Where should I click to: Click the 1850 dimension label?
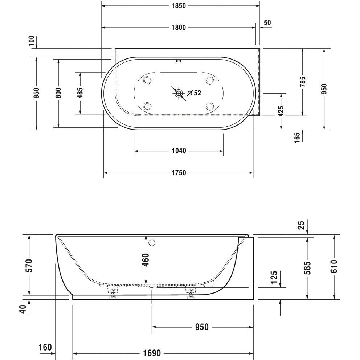click(x=179, y=6)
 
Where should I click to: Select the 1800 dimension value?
click(x=179, y=28)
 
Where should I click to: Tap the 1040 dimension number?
click(x=179, y=151)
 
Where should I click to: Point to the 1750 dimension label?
click(x=179, y=173)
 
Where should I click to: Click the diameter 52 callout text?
click(x=194, y=93)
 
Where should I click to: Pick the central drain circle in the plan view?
click(x=179, y=93)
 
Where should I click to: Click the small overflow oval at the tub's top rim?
click(x=179, y=61)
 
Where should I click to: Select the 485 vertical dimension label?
click(x=80, y=93)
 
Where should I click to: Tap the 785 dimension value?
click(x=303, y=82)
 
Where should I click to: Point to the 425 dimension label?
click(x=281, y=111)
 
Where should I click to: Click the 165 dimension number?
click(x=297, y=138)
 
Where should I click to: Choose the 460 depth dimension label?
click(x=146, y=259)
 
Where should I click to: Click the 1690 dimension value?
click(x=152, y=353)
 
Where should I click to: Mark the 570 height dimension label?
click(x=29, y=265)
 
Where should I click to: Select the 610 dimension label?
click(x=334, y=266)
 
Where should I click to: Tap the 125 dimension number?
click(x=274, y=277)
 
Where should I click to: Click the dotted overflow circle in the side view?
click(x=152, y=242)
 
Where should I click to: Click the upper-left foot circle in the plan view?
click(x=147, y=80)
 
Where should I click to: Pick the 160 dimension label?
click(x=45, y=347)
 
